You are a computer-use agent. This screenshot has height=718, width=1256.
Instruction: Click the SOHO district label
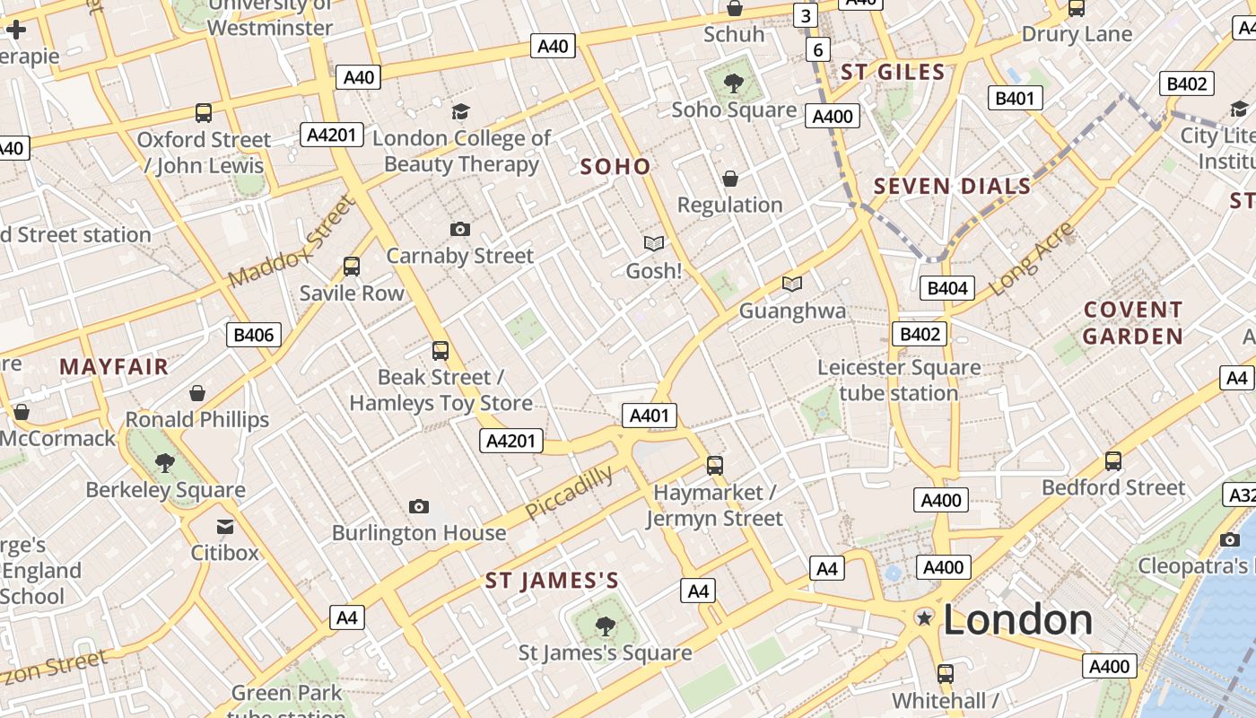(x=615, y=167)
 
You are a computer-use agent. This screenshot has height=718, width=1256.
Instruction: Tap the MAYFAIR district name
(x=114, y=366)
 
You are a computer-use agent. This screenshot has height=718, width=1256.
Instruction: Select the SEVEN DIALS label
(x=952, y=187)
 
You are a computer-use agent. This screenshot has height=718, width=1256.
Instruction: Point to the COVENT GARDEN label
(x=1133, y=323)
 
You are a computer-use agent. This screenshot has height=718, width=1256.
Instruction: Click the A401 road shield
(x=650, y=416)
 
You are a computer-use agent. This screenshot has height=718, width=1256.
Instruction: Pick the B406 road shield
(x=254, y=335)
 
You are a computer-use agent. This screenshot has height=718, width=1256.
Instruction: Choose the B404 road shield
(x=947, y=288)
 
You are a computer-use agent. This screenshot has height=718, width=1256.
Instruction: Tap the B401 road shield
(x=1015, y=98)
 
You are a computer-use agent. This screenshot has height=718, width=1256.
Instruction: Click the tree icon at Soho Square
(x=734, y=83)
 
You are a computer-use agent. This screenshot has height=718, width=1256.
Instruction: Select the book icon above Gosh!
(x=654, y=243)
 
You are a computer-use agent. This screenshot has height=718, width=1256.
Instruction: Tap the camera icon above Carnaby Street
(x=460, y=229)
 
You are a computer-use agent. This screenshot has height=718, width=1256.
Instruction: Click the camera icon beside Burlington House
(x=418, y=507)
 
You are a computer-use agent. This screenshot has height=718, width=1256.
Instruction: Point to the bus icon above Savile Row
(x=352, y=267)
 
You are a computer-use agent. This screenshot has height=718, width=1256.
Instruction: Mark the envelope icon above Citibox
(x=224, y=527)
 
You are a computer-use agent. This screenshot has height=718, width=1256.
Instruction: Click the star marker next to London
(x=924, y=617)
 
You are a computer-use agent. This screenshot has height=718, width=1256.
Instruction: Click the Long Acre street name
(x=1031, y=258)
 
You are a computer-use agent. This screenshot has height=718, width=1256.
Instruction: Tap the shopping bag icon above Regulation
(x=730, y=179)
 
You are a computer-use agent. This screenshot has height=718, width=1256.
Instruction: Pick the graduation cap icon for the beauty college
(x=460, y=111)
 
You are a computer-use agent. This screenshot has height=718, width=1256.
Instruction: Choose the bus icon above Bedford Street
(x=1113, y=461)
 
